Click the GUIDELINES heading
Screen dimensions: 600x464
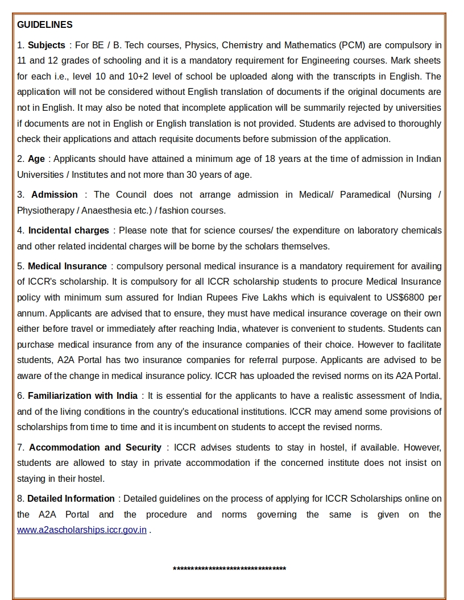45,25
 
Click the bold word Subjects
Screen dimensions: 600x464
47,45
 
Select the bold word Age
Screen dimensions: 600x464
36,159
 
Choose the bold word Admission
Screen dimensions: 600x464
55,194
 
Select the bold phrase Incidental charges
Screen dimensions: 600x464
69,230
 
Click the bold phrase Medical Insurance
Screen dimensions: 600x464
67,266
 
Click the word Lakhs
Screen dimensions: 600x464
273,297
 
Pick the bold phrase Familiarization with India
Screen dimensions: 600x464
83,395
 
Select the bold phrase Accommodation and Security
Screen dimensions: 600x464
96,447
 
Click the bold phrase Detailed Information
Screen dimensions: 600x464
71,498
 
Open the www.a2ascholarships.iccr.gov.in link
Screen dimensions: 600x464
82,530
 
